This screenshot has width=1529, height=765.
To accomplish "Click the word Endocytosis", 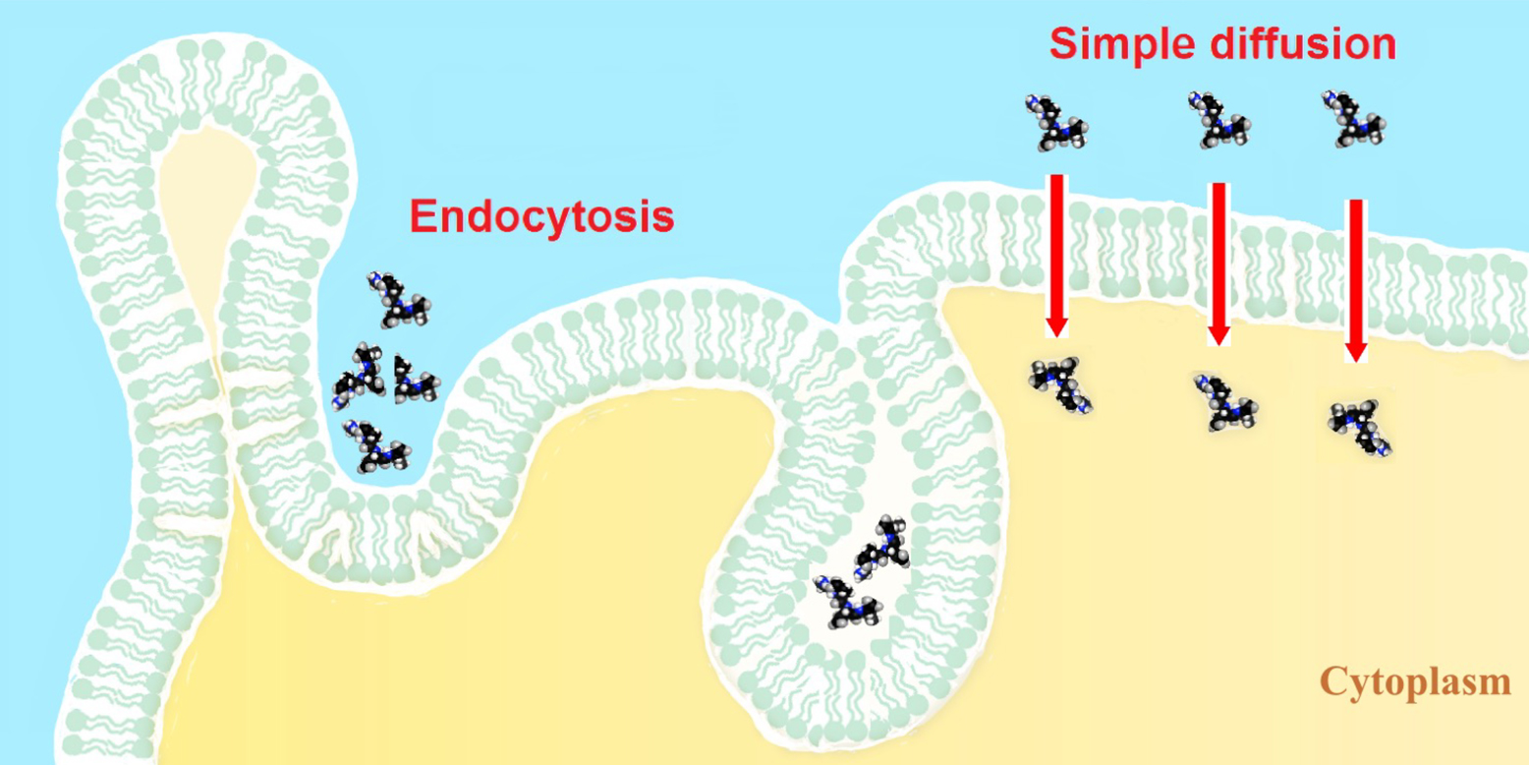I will tap(541, 216).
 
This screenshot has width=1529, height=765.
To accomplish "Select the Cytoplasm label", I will tap(1415, 679).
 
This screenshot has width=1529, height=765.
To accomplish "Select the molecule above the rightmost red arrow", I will tap(1353, 118).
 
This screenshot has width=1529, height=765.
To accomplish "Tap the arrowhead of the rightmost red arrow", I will tap(1356, 350).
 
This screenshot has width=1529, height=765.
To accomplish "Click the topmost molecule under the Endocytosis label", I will tap(398, 300).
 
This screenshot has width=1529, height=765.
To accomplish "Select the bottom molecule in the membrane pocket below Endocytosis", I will tap(376, 445).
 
